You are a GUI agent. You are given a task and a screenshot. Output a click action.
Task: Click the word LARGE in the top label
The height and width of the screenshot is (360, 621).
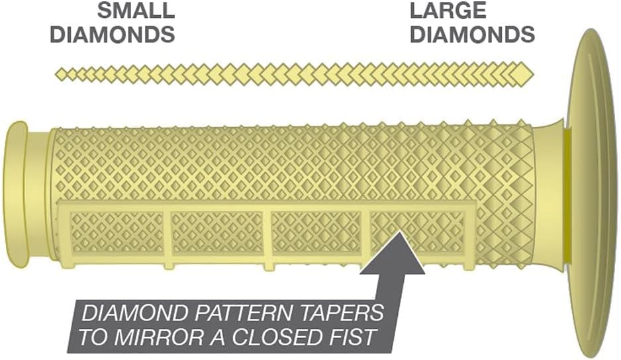[x=448, y=11]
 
